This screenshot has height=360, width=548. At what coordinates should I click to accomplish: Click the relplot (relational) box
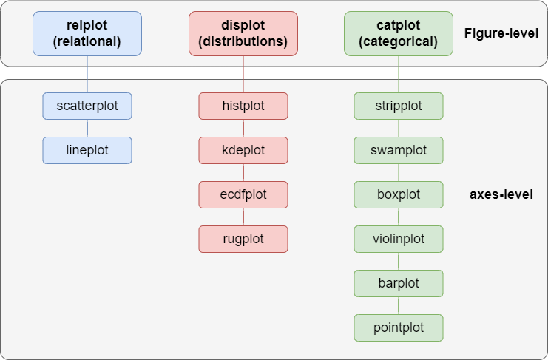click(87, 34)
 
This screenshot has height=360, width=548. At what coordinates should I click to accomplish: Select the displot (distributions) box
click(243, 34)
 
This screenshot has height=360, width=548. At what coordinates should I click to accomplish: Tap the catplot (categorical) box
click(399, 34)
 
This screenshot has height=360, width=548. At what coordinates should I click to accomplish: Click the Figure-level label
click(501, 33)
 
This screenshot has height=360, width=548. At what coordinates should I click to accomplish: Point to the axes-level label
click(501, 195)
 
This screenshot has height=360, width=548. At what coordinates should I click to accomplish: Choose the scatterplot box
click(87, 106)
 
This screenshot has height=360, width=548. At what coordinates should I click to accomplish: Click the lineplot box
click(87, 150)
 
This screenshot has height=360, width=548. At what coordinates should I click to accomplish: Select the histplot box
click(243, 106)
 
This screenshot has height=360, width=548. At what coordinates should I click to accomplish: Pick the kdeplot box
click(243, 150)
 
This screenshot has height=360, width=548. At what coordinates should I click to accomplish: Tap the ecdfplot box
click(243, 194)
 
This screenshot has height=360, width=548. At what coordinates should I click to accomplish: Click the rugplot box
click(243, 239)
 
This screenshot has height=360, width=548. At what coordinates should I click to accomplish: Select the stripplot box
click(399, 106)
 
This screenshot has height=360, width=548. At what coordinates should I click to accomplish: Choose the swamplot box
click(399, 150)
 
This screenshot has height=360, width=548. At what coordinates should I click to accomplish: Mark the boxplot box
click(399, 194)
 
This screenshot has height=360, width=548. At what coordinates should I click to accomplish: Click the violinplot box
click(399, 239)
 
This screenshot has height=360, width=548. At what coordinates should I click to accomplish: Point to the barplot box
click(399, 283)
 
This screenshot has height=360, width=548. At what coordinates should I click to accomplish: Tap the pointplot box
click(399, 327)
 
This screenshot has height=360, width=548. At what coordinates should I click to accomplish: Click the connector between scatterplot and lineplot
click(87, 128)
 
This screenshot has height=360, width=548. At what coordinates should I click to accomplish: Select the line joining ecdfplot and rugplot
click(243, 217)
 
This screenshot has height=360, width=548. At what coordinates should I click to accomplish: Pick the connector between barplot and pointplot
click(399, 305)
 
